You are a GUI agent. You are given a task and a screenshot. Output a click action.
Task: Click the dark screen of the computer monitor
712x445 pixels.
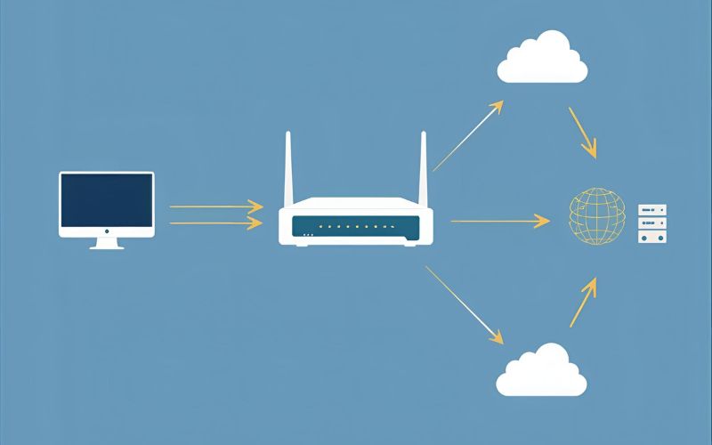107,201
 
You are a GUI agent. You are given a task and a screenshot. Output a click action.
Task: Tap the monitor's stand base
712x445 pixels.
107,247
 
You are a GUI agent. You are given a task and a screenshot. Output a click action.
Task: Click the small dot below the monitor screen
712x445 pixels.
107,231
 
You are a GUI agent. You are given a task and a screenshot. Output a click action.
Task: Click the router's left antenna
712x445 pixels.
288,169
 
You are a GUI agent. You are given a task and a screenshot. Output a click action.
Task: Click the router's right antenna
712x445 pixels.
424,169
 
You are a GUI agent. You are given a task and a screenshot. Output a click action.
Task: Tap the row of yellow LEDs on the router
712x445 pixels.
355,227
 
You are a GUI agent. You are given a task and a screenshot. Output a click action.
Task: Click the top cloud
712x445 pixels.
542,58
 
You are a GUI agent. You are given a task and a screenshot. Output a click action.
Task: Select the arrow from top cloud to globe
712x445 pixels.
582,133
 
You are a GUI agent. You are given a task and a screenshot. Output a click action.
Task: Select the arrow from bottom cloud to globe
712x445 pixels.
583,301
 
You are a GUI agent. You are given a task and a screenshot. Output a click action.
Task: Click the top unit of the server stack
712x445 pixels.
652,210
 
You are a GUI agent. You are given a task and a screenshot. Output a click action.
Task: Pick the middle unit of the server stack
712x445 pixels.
652,223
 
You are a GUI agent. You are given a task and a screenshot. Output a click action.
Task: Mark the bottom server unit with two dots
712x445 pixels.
652,238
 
